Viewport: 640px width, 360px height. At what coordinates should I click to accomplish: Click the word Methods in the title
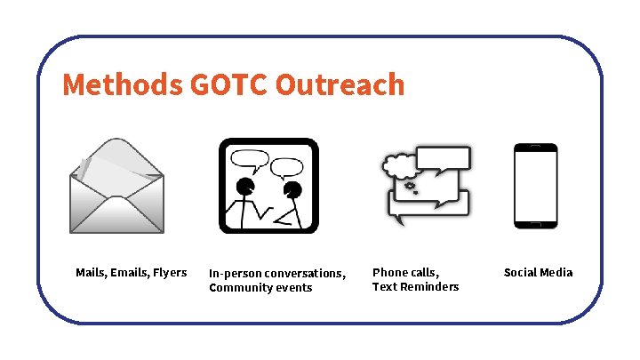(x=123, y=84)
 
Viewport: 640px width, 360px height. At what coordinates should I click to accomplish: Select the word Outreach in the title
(x=340, y=84)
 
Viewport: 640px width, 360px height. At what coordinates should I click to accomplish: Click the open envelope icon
(x=116, y=186)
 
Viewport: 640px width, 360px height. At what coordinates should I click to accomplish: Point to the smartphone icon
(x=535, y=186)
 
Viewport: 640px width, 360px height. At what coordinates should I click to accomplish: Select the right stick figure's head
(x=292, y=189)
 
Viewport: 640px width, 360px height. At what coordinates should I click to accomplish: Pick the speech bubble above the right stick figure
(x=287, y=167)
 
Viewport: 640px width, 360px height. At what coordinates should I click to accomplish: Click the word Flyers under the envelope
(x=170, y=272)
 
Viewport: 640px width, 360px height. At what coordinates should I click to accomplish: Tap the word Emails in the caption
(x=128, y=272)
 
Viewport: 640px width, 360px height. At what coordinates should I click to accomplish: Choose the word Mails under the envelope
(x=91, y=272)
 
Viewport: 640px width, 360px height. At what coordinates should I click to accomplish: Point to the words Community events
(x=260, y=288)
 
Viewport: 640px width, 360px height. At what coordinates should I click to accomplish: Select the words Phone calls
(x=405, y=272)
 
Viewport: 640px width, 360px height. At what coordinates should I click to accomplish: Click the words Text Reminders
(x=415, y=286)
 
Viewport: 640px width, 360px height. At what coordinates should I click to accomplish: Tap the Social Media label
(x=538, y=272)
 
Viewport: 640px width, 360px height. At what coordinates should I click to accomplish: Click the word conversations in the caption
(x=305, y=274)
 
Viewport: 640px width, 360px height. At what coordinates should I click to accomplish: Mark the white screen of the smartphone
(x=535, y=188)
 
